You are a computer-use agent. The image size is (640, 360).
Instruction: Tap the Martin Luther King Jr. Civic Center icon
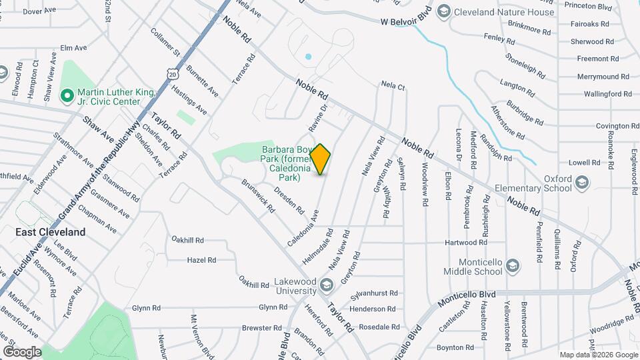click(x=67, y=96)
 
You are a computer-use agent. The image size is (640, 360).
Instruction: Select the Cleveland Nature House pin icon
click(x=443, y=11)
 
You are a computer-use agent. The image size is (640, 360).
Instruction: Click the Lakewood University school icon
click(x=326, y=286)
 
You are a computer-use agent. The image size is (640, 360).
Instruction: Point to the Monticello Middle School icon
click(x=513, y=267)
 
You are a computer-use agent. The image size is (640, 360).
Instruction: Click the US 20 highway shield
click(x=173, y=75)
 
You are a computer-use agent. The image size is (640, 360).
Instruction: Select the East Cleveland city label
click(x=51, y=232)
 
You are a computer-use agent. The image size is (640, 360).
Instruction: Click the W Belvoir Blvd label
click(x=407, y=21)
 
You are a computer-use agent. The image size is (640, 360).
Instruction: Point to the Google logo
click(x=22, y=351)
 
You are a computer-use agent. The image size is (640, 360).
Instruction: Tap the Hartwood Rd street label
click(x=470, y=243)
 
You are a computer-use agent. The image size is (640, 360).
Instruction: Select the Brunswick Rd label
click(x=258, y=195)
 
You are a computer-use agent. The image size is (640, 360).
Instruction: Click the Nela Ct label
click(x=393, y=86)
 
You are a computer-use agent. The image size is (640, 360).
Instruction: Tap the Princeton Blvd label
click(x=587, y=5)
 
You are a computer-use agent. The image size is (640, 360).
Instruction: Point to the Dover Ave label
click(x=42, y=11)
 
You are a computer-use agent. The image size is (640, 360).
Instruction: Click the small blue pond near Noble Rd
click(x=308, y=57)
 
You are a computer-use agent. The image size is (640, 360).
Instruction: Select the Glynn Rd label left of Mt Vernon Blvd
click(x=147, y=308)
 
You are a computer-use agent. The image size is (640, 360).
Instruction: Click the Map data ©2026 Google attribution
click(x=597, y=355)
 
